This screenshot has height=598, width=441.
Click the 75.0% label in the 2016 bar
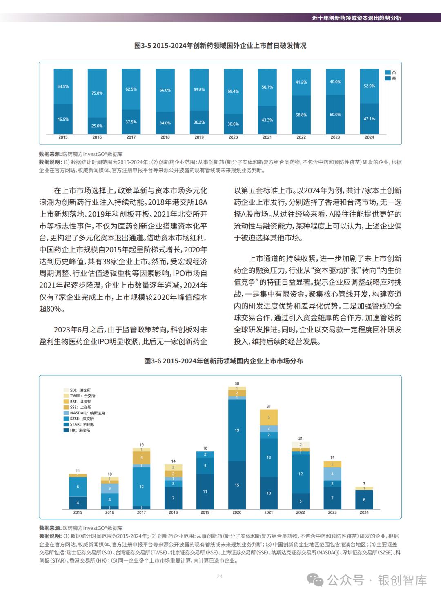pos(97,93)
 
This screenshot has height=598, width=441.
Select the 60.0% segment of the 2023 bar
pos(335,115)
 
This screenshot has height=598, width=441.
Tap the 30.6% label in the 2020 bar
pos(233,124)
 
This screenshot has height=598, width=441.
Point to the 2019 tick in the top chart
pos(199,137)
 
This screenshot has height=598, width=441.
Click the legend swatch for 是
pos(388,78)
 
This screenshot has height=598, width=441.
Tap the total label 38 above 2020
pos(237,383)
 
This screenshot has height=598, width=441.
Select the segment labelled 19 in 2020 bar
pos(237,430)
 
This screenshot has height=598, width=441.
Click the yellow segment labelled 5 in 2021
pos(269,417)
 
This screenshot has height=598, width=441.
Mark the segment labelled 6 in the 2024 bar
pos(364,500)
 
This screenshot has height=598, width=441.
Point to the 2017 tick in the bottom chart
pos(141,512)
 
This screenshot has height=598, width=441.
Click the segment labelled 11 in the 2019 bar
pos(205,492)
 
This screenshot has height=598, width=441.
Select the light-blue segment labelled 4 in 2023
pos(332,474)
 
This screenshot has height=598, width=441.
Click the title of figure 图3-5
pos(220,46)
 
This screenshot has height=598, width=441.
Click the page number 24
pos(220,576)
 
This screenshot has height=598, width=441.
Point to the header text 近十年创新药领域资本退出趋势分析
pos(356,18)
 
